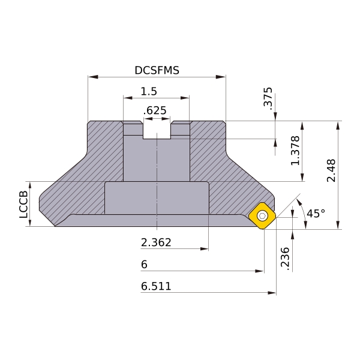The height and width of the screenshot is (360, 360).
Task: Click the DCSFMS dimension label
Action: pyautogui.click(x=157, y=70)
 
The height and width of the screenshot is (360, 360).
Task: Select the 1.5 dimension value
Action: pyautogui.click(x=149, y=91)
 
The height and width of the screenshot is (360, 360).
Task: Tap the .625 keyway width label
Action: pyautogui.click(x=155, y=110)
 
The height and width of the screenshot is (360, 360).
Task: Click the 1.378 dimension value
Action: pyautogui.click(x=295, y=151)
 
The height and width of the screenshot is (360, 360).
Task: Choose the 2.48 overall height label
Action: pyautogui.click(x=331, y=170)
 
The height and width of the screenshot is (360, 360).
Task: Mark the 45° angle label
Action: pyautogui.click(x=316, y=213)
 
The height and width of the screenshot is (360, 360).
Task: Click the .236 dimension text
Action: pyautogui.click(x=285, y=258)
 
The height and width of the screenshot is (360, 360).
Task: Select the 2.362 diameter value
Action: pyautogui.click(x=156, y=242)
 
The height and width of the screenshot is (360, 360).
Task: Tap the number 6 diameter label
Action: pyautogui.click(x=144, y=265)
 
